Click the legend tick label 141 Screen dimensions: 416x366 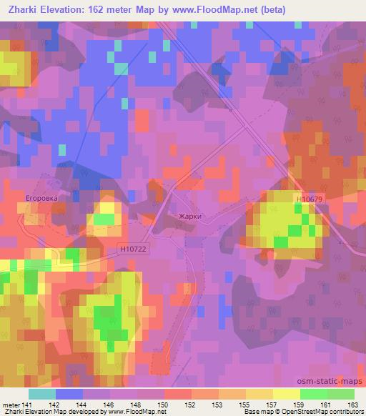[26, 404]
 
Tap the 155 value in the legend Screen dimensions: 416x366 [243, 404]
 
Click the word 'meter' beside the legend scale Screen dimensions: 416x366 [10, 404]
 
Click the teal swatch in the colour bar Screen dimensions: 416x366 [43, 394]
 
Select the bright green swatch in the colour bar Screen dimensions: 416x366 [313, 394]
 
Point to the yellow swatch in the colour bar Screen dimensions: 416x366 [286, 394]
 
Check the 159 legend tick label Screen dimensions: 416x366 [297, 404]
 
